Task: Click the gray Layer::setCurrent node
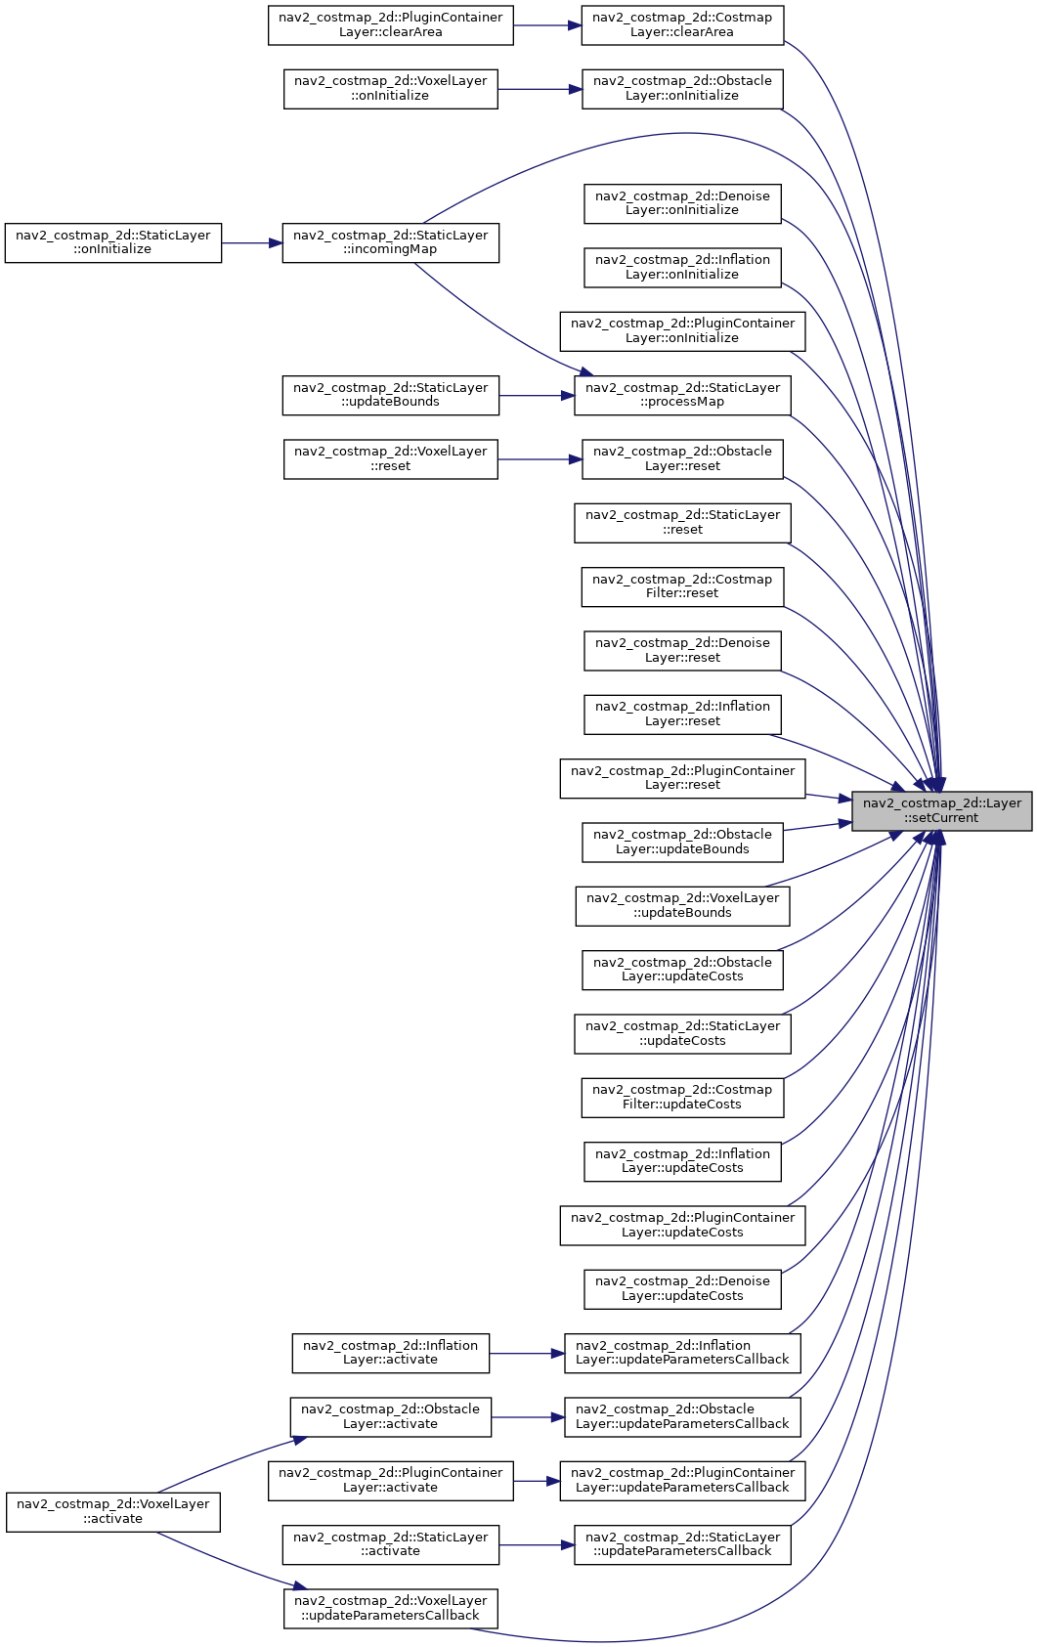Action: pyautogui.click(x=941, y=811)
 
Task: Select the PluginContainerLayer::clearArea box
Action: pyautogui.click(x=391, y=25)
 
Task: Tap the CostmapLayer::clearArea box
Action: pyautogui.click(x=682, y=25)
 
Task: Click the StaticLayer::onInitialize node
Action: pyautogui.click(x=113, y=242)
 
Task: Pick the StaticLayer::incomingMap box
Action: pyautogui.click(x=391, y=242)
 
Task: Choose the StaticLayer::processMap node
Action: pyautogui.click(x=682, y=395)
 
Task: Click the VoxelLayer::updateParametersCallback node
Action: pyautogui.click(x=391, y=1608)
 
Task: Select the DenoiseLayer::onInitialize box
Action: pyautogui.click(x=682, y=203)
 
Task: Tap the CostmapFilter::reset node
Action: pyautogui.click(x=682, y=586)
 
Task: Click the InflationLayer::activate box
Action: pyautogui.click(x=391, y=1353)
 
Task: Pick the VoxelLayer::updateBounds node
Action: pyautogui.click(x=682, y=906)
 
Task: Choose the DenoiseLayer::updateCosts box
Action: pyautogui.click(x=682, y=1289)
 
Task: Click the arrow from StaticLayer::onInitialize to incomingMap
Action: pyautogui.click(x=252, y=242)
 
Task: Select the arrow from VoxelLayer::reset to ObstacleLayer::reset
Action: pyautogui.click(x=540, y=459)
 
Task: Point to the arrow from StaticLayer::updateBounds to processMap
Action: pyautogui.click(x=537, y=396)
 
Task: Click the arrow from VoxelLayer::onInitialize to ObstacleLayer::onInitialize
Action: pyautogui.click(x=540, y=89)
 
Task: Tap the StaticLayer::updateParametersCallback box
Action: pyautogui.click(x=682, y=1544)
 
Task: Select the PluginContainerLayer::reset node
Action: pyautogui.click(x=682, y=778)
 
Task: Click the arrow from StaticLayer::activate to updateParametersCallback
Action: pyautogui.click(x=537, y=1544)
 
